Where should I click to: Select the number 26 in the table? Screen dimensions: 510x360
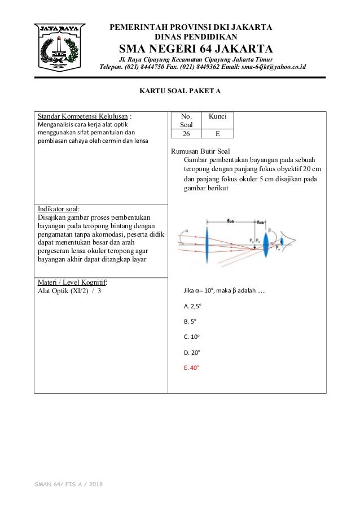186,134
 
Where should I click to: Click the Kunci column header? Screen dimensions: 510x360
217,116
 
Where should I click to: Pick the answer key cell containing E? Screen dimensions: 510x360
217,134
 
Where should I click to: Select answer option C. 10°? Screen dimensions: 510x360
192,336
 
